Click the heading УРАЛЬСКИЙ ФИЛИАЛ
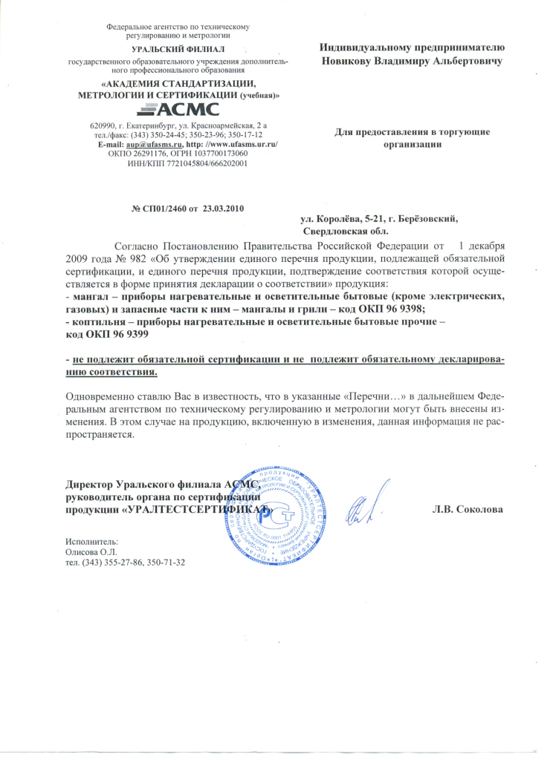click(x=167, y=48)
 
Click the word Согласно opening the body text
click(x=135, y=246)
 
